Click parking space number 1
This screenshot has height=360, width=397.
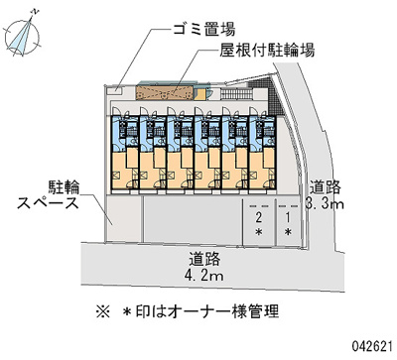pyautogui.click(x=288, y=215)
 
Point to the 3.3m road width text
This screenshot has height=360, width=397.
pyautogui.click(x=325, y=204)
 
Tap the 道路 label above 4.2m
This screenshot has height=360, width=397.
pyautogui.click(x=204, y=257)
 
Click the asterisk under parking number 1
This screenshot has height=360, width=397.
pyautogui.click(x=288, y=232)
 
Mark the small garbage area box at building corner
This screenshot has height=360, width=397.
pyautogui.click(x=117, y=91)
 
